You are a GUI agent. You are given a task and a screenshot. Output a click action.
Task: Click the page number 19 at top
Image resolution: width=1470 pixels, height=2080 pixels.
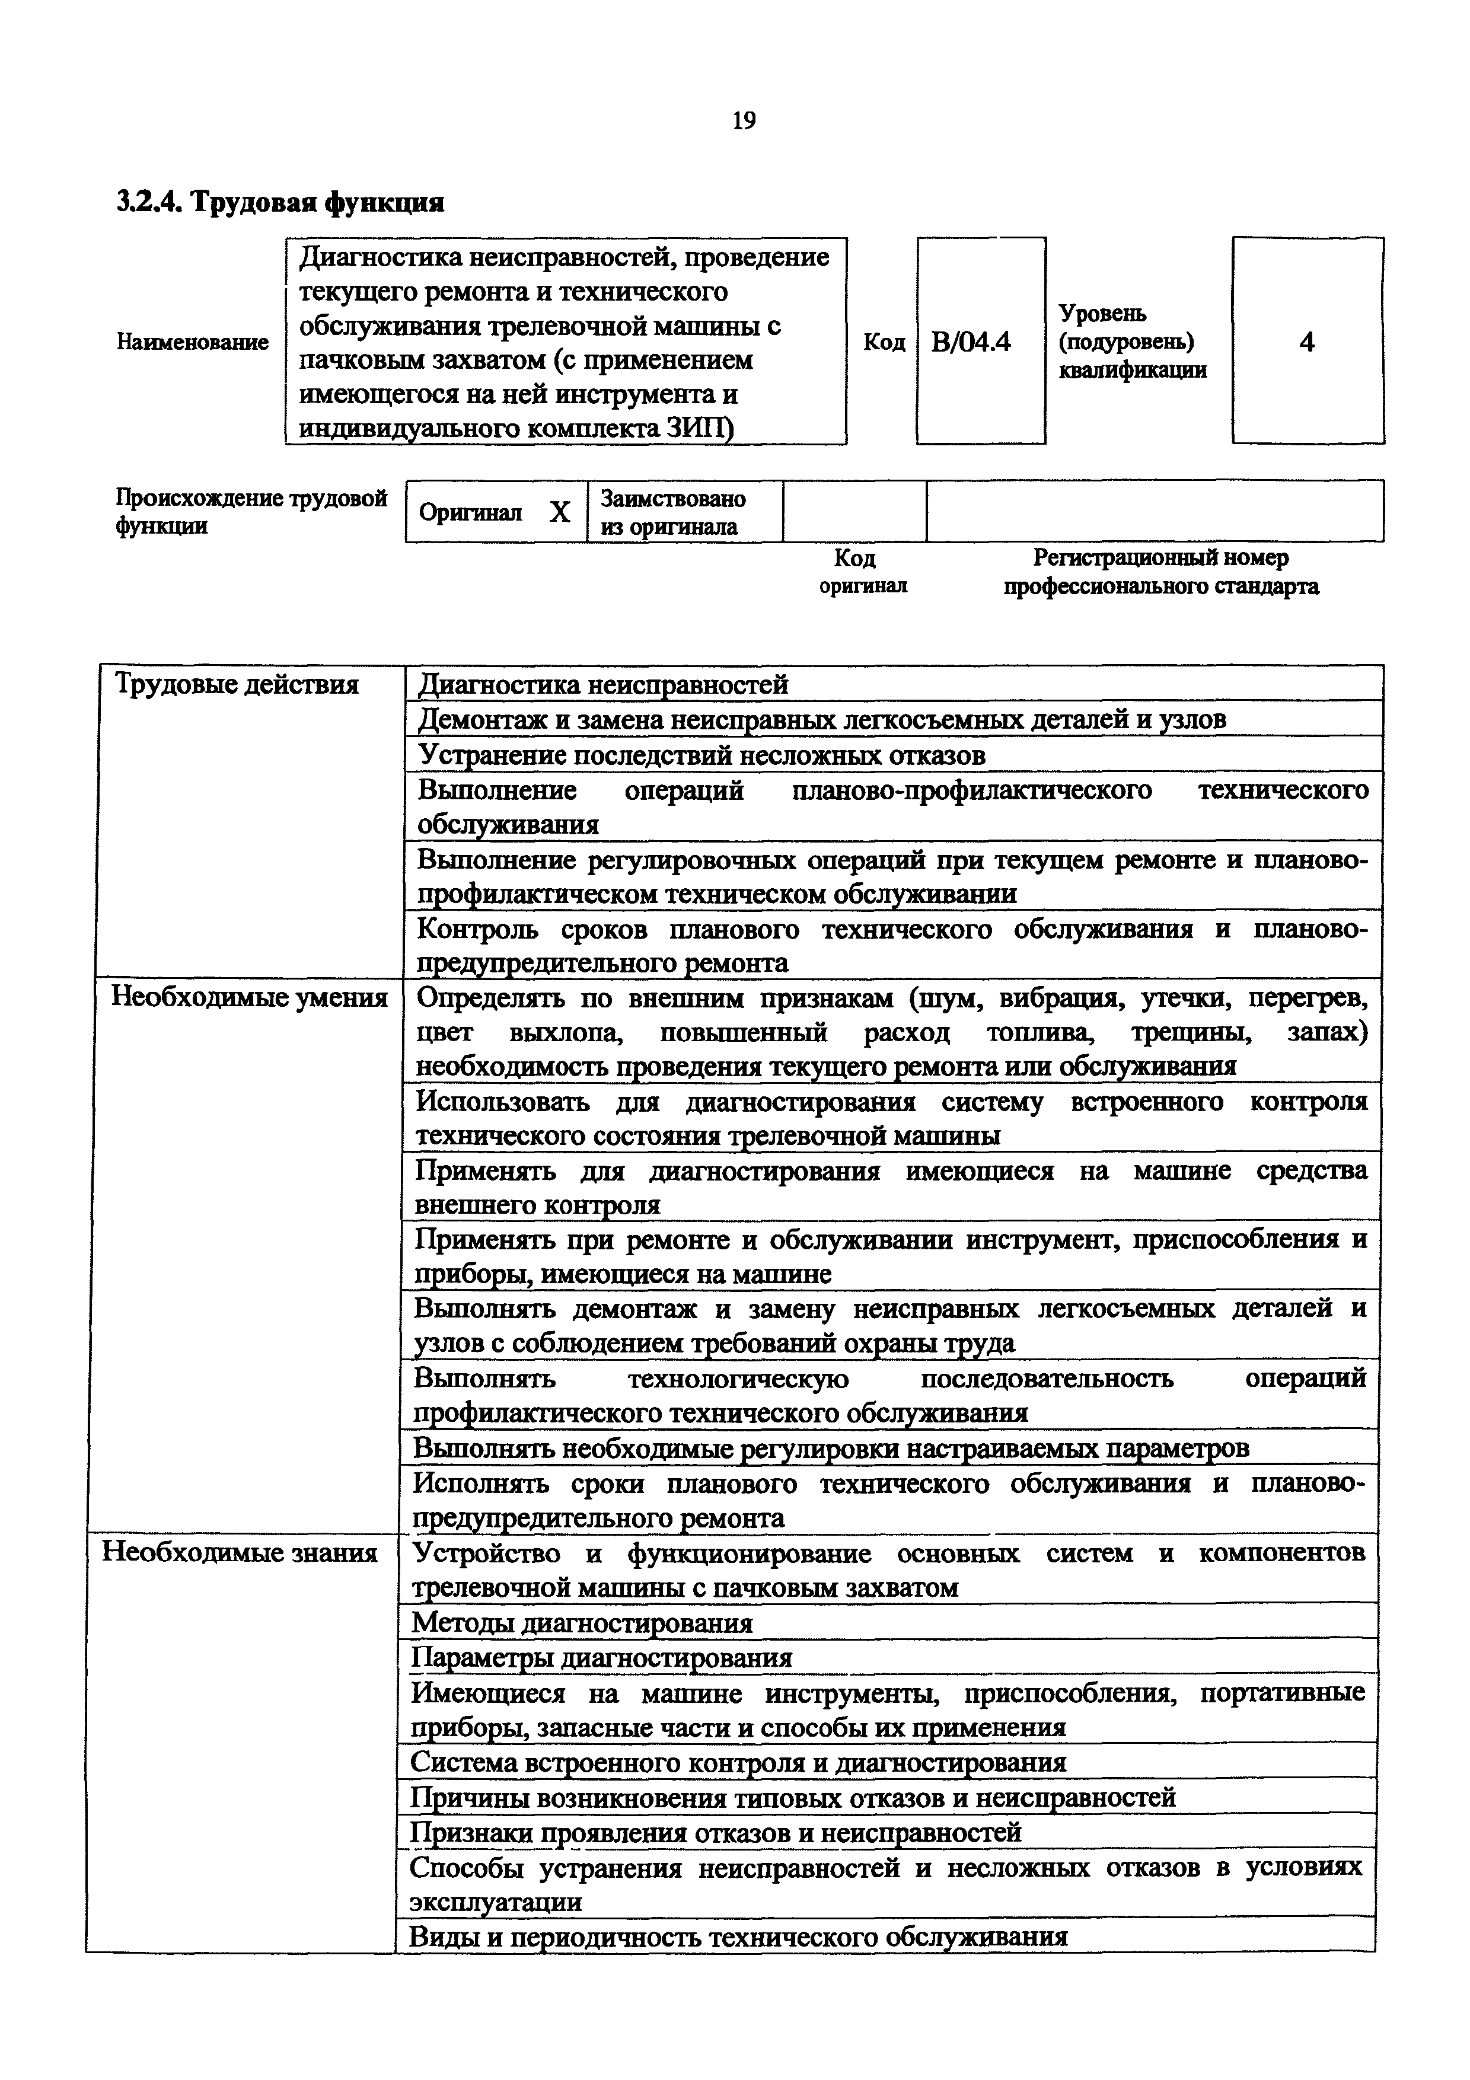pyautogui.click(x=742, y=120)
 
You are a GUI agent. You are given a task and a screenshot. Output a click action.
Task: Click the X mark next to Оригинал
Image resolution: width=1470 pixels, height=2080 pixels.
pyautogui.click(x=560, y=513)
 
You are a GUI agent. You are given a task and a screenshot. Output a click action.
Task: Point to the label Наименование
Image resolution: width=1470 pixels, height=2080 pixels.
pyautogui.click(x=193, y=343)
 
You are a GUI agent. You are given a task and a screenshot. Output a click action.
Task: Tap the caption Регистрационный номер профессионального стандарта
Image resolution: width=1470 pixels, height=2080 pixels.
pyautogui.click(x=1160, y=572)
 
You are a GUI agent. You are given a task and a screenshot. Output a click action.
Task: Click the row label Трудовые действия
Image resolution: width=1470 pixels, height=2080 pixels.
pyautogui.click(x=237, y=685)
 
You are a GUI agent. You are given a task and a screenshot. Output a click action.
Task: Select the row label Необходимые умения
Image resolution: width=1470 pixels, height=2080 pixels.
pyautogui.click(x=249, y=997)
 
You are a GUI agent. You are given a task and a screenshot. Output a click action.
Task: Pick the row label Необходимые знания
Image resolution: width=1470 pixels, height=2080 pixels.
pyautogui.click(x=240, y=1553)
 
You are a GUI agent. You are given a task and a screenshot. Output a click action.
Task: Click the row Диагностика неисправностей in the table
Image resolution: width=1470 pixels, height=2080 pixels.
pyautogui.click(x=603, y=685)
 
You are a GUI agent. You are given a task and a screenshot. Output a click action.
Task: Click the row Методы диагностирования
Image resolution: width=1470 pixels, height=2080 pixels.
pyautogui.click(x=582, y=1622)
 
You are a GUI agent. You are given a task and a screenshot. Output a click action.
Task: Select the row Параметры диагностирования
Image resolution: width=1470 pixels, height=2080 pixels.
pyautogui.click(x=601, y=1658)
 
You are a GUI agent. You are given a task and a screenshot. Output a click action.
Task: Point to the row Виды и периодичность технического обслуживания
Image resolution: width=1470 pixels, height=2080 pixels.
pyautogui.click(x=738, y=1937)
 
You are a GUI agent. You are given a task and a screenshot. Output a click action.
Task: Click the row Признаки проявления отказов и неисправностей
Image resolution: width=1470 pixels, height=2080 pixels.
pyautogui.click(x=716, y=1833)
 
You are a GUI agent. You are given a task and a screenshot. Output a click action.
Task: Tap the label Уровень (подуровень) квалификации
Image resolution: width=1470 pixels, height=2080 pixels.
pyautogui.click(x=1132, y=342)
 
